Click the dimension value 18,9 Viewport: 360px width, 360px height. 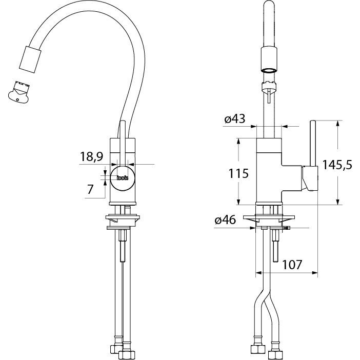click(91, 157)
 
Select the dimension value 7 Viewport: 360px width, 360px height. click(90, 189)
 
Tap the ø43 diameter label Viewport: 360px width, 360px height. click(235, 119)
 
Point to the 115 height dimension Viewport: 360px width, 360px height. click(238, 173)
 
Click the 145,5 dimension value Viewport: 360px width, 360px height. click(337, 165)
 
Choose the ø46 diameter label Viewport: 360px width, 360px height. click(225, 220)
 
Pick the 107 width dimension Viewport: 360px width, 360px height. click(292, 265)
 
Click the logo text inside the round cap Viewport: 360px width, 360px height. click(123, 178)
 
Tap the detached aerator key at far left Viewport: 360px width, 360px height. click(18, 92)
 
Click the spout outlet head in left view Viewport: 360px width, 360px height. click(30, 59)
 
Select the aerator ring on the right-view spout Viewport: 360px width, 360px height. click(269, 70)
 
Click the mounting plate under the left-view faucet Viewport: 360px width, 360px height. click(123, 217)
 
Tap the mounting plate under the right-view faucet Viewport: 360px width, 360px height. click(269, 217)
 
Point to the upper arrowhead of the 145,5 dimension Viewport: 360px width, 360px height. click(337, 123)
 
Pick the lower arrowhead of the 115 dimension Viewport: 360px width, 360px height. click(238, 202)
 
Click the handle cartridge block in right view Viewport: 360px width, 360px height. click(310, 178)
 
